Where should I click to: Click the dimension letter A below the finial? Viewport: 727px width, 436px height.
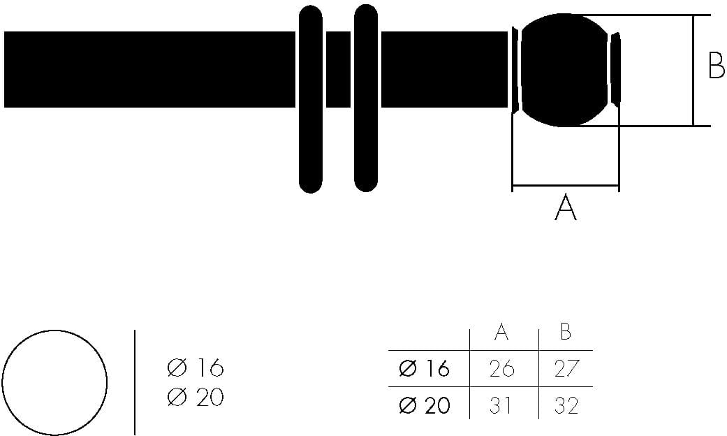[x=565, y=208]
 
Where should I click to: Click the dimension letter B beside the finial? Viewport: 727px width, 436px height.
[x=716, y=65]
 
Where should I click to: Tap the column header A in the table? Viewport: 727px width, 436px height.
[x=501, y=332]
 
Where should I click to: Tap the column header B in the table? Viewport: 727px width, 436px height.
[x=566, y=332]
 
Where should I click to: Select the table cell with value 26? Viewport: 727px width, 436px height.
[x=501, y=368]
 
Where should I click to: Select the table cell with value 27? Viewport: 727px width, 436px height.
[x=566, y=368]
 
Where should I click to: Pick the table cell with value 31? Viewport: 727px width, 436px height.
[x=500, y=405]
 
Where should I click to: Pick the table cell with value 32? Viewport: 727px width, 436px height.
[x=566, y=405]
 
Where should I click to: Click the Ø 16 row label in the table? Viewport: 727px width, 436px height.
[x=424, y=368]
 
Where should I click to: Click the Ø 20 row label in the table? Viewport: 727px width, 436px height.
[x=424, y=405]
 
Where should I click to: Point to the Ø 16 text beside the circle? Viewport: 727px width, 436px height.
[x=196, y=368]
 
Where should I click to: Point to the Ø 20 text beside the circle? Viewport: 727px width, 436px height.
[x=196, y=398]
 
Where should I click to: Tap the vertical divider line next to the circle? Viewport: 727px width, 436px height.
[x=134, y=382]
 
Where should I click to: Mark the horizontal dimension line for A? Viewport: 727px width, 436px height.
[x=565, y=187]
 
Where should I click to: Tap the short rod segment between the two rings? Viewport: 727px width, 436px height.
[x=338, y=69]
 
